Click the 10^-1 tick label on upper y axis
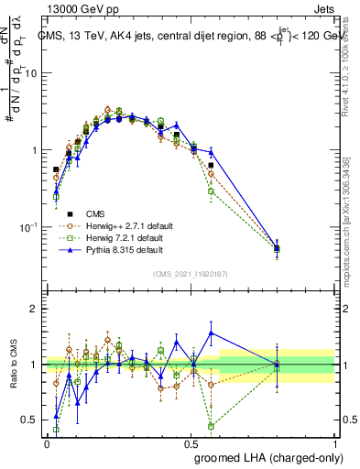click(29, 226)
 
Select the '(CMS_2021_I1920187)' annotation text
click(191, 273)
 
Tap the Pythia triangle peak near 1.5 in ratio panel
click(212, 333)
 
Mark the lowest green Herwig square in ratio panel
click(212, 426)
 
